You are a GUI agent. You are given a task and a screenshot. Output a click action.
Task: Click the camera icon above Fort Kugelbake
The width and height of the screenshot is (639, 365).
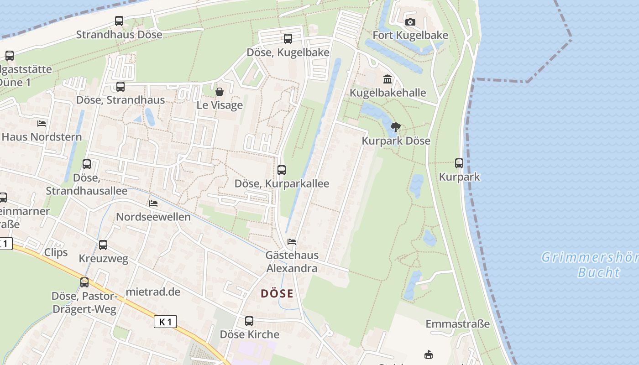pyautogui.click(x=410, y=22)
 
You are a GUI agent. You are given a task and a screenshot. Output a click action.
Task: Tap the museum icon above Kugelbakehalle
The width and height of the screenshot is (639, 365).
pyautogui.click(x=388, y=79)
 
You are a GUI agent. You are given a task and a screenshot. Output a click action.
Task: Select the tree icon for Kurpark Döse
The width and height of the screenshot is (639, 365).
pyautogui.click(x=396, y=127)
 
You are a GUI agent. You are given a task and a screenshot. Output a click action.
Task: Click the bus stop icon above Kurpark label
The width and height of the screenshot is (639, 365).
pyautogui.click(x=459, y=163)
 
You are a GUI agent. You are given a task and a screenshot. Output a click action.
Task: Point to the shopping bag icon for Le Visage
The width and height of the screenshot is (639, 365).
pyautogui.click(x=220, y=92)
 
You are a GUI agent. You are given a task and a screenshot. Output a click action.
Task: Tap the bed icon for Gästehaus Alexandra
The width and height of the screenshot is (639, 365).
pyautogui.click(x=292, y=241)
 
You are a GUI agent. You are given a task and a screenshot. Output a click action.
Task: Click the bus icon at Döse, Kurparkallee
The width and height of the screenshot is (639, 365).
pyautogui.click(x=282, y=170)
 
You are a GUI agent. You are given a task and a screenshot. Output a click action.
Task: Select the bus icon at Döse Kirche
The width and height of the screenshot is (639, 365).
pyautogui.click(x=249, y=321)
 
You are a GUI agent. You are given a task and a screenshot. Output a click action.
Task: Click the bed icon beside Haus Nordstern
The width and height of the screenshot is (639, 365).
pyautogui.click(x=42, y=123)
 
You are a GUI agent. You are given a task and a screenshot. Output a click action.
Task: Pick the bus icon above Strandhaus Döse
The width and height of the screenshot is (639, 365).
pyautogui.click(x=119, y=21)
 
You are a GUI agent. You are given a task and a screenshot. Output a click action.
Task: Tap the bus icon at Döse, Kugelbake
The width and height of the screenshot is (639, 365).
pyautogui.click(x=288, y=39)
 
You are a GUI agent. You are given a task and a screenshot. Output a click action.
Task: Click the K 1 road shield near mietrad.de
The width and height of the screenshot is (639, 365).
pyautogui.click(x=165, y=322)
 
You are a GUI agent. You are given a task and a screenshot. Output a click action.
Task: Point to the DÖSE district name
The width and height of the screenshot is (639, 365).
pyautogui.click(x=277, y=294)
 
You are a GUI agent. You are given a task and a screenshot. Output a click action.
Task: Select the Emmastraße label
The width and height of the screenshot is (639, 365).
pyautogui.click(x=457, y=324)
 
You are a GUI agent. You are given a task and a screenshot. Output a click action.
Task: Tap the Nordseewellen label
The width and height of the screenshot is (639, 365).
pyautogui.click(x=153, y=217)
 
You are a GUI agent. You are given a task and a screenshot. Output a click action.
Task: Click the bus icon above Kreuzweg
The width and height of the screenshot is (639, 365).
pyautogui.click(x=103, y=245)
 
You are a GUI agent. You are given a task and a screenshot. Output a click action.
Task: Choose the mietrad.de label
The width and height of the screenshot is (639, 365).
pyautogui.click(x=153, y=292)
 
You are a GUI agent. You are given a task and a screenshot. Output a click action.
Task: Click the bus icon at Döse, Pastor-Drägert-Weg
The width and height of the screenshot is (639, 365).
pyautogui.click(x=84, y=282)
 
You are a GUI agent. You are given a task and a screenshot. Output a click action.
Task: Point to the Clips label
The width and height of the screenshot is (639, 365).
pyautogui.click(x=56, y=252)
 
